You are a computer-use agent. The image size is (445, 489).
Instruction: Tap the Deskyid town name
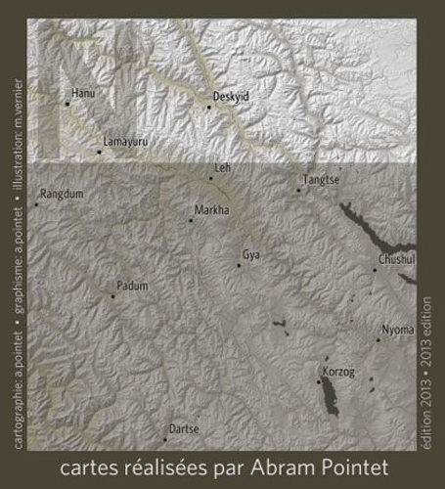(x=231, y=97)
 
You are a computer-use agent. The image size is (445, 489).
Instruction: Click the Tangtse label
(x=321, y=180)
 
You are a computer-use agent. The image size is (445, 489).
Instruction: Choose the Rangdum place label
(x=63, y=195)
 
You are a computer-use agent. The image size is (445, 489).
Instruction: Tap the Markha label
(x=212, y=210)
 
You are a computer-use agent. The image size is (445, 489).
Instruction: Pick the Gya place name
(x=251, y=254)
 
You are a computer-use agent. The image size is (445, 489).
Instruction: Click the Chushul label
(x=396, y=259)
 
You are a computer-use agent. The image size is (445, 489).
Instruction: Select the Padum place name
(x=131, y=286)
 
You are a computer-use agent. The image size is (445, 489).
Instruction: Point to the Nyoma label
(x=398, y=330)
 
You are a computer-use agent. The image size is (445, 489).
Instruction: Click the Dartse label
(x=184, y=429)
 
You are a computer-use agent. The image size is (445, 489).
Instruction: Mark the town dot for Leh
(x=210, y=178)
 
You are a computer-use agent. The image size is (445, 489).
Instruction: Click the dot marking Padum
(x=112, y=295)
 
